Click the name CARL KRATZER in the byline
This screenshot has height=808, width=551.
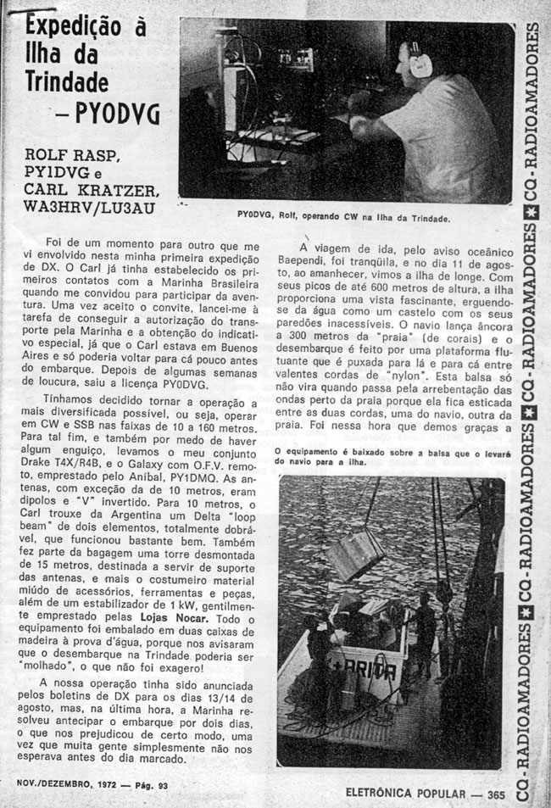tap(91, 190)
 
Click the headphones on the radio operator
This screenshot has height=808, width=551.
tap(418, 59)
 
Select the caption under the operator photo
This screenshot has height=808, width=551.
tap(343, 217)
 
